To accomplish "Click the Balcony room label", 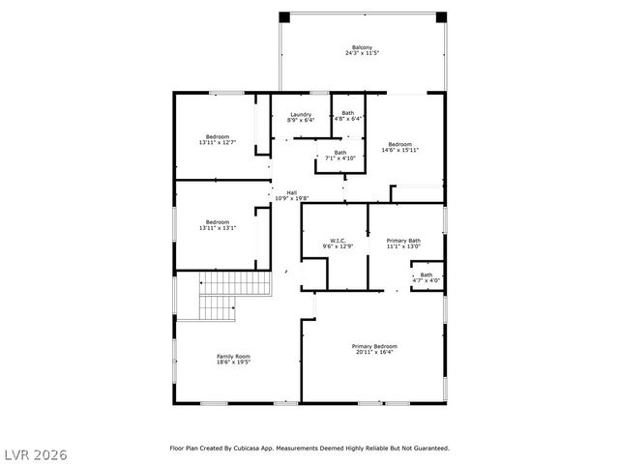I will point(363,45).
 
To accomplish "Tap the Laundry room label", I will point(301,114).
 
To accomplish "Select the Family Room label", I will point(233,357).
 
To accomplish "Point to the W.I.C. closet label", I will point(338,240).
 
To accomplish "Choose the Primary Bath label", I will point(403,240).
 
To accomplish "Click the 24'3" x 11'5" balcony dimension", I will point(363,53).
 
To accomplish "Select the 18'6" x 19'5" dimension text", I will point(233,363).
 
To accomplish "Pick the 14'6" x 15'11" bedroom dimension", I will point(399,150).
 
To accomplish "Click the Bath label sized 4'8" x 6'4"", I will point(348,113).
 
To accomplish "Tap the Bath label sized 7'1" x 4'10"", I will point(340,152).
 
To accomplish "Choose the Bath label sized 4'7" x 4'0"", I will point(427,275).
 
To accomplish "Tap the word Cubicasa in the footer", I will point(267,449).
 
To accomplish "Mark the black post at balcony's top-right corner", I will point(441,16).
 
